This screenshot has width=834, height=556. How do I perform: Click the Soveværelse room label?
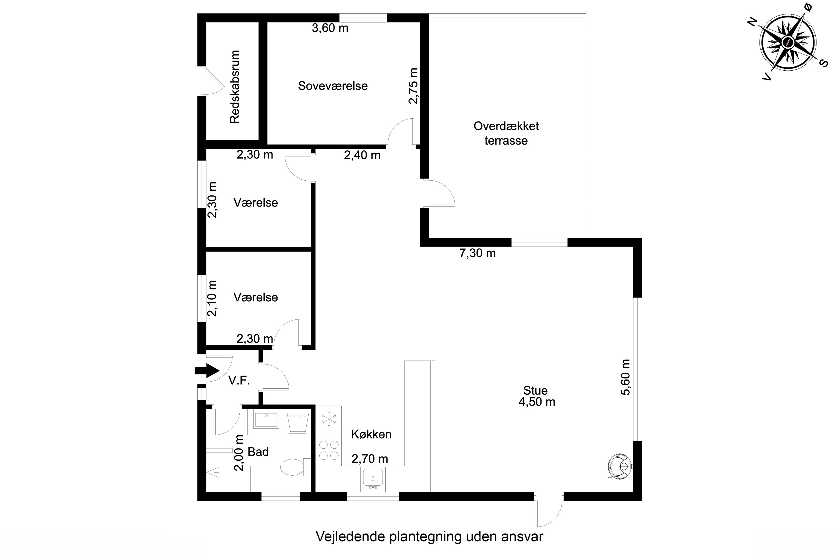pos(332,86)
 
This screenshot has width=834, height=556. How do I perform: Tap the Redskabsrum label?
pos(235,87)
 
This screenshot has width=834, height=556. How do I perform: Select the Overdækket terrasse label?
pos(506,133)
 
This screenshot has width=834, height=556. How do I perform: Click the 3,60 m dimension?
pos(330,28)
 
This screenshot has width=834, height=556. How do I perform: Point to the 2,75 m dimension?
pos(413,86)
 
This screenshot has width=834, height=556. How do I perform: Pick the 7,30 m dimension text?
pos(477,253)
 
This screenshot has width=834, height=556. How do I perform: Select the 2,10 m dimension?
pos(212,298)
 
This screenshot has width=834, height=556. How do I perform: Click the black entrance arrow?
pos(207,371)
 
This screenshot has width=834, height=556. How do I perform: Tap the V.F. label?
pos(239,381)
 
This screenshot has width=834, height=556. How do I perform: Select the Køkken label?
pos(371,434)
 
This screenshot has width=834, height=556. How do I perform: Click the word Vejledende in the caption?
pos(350,537)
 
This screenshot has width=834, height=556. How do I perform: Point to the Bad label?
pos(258,452)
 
